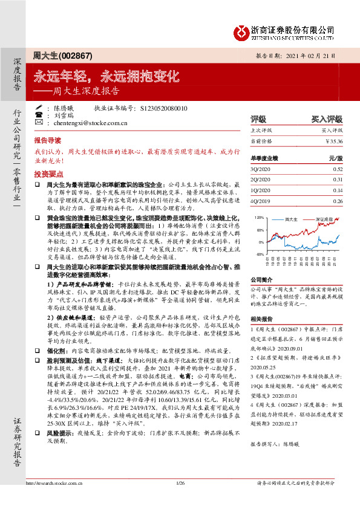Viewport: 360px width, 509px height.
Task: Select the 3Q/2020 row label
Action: [x=261, y=169]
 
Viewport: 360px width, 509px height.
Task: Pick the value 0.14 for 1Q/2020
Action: [x=337, y=190]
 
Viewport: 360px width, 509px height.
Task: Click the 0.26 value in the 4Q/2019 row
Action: [x=337, y=201]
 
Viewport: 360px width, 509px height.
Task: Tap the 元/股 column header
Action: [x=335, y=158]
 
